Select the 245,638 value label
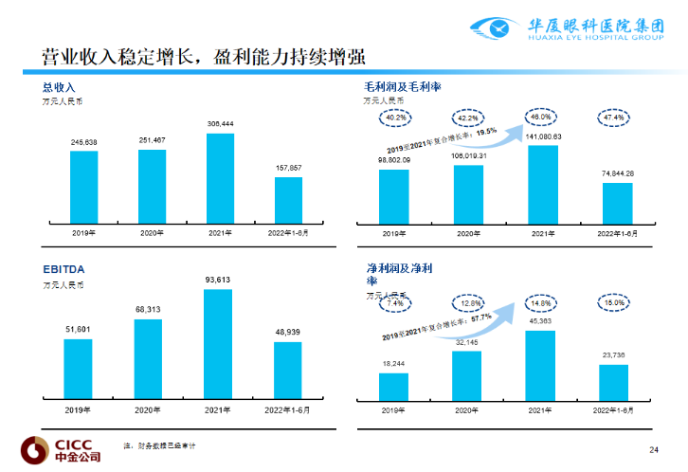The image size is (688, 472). [83, 142]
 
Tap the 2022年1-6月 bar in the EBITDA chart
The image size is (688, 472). [288, 370]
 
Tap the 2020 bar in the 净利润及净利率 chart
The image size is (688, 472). [466, 375]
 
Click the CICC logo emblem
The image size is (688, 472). [33, 449]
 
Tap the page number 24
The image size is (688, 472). [653, 448]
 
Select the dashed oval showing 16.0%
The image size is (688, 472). [613, 302]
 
